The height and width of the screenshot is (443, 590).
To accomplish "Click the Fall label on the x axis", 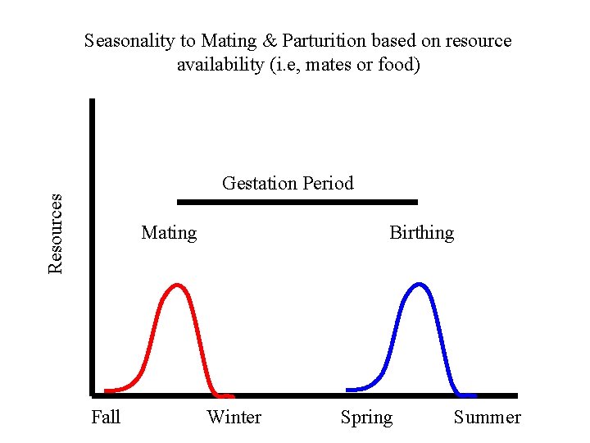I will (x=106, y=418).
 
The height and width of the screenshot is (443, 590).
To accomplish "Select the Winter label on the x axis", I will (x=234, y=418).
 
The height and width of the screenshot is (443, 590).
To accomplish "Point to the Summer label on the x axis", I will (x=487, y=418).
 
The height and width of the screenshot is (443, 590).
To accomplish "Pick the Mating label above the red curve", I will (x=169, y=233).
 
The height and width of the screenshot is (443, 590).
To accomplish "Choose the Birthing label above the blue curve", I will (x=421, y=233).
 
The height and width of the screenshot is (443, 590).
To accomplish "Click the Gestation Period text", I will (x=288, y=183).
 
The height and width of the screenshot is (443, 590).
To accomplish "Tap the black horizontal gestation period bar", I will (x=297, y=201).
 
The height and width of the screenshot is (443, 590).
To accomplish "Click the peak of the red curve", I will (x=177, y=285).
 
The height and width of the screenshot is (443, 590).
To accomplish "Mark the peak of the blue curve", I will (x=420, y=285).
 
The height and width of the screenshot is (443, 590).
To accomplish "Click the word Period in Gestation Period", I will (x=328, y=183).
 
